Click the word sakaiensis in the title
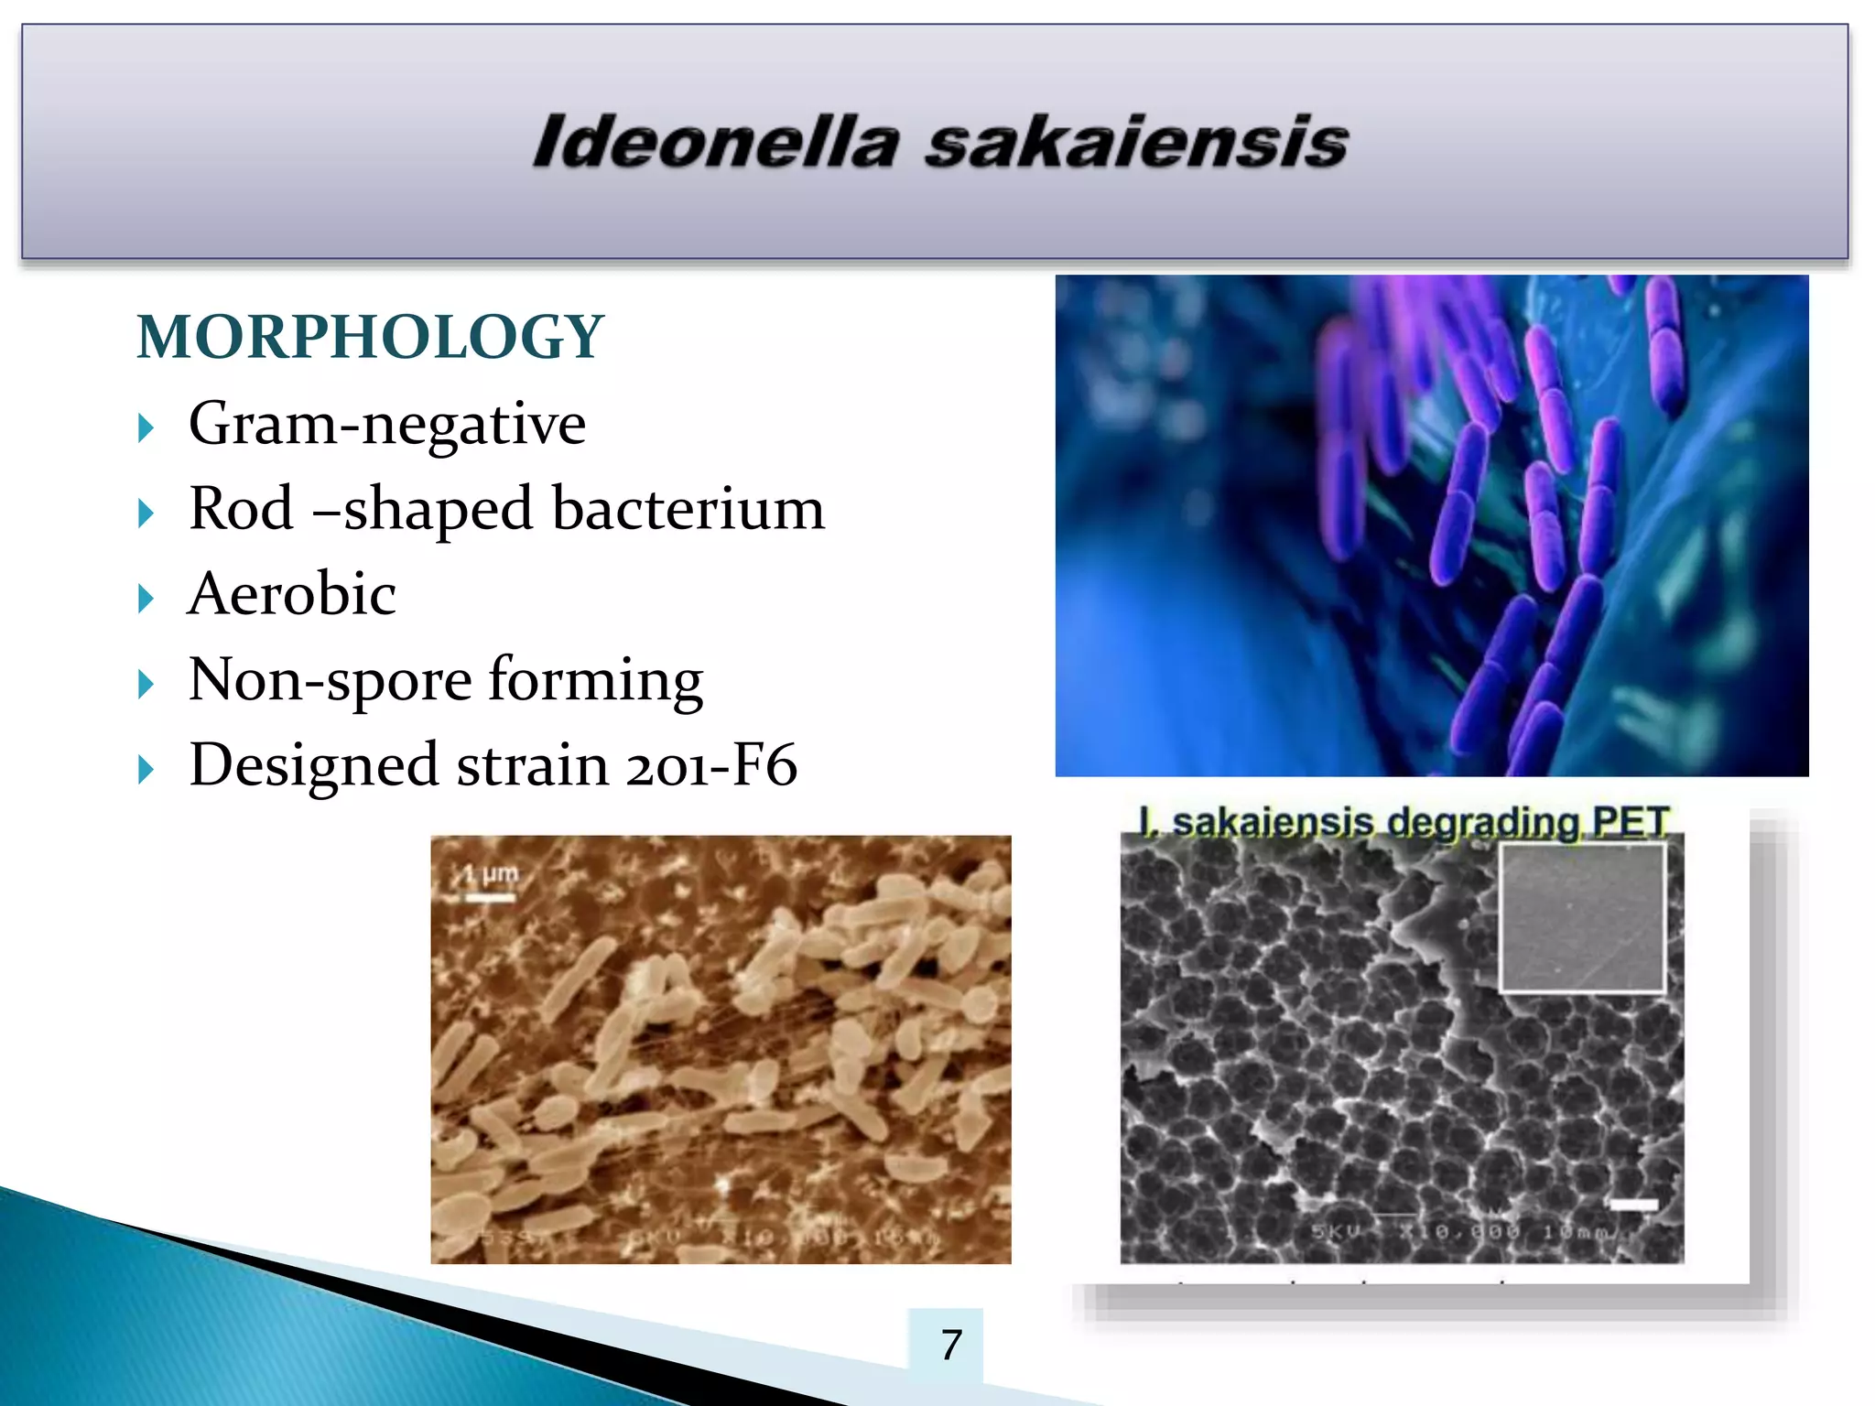pos(1135,143)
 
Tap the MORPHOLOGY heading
pos(370,337)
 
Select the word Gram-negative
pos(386,424)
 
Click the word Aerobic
pos(292,594)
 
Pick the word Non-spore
pos(331,681)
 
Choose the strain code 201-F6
pos(711,765)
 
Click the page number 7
pos(951,1345)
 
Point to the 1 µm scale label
pos(491,874)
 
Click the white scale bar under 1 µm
pos(490,898)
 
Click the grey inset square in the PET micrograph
pos(1581,917)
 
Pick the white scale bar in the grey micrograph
pos(1634,1205)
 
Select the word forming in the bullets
pos(595,681)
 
